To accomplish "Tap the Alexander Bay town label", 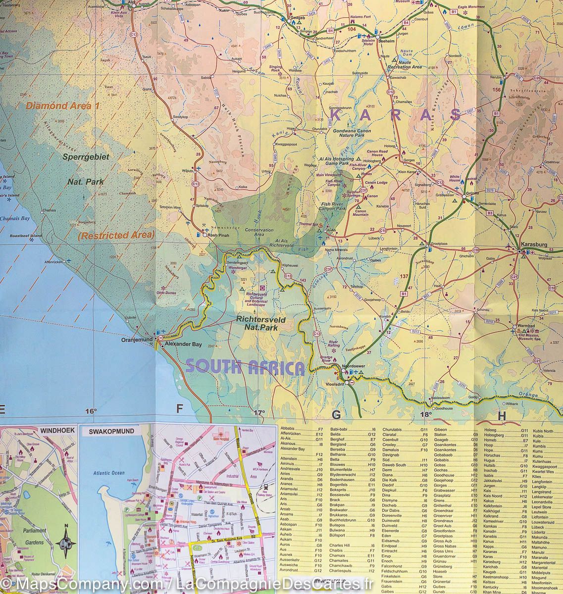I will [x=184, y=343].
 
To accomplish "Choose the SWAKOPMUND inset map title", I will [x=111, y=431].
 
